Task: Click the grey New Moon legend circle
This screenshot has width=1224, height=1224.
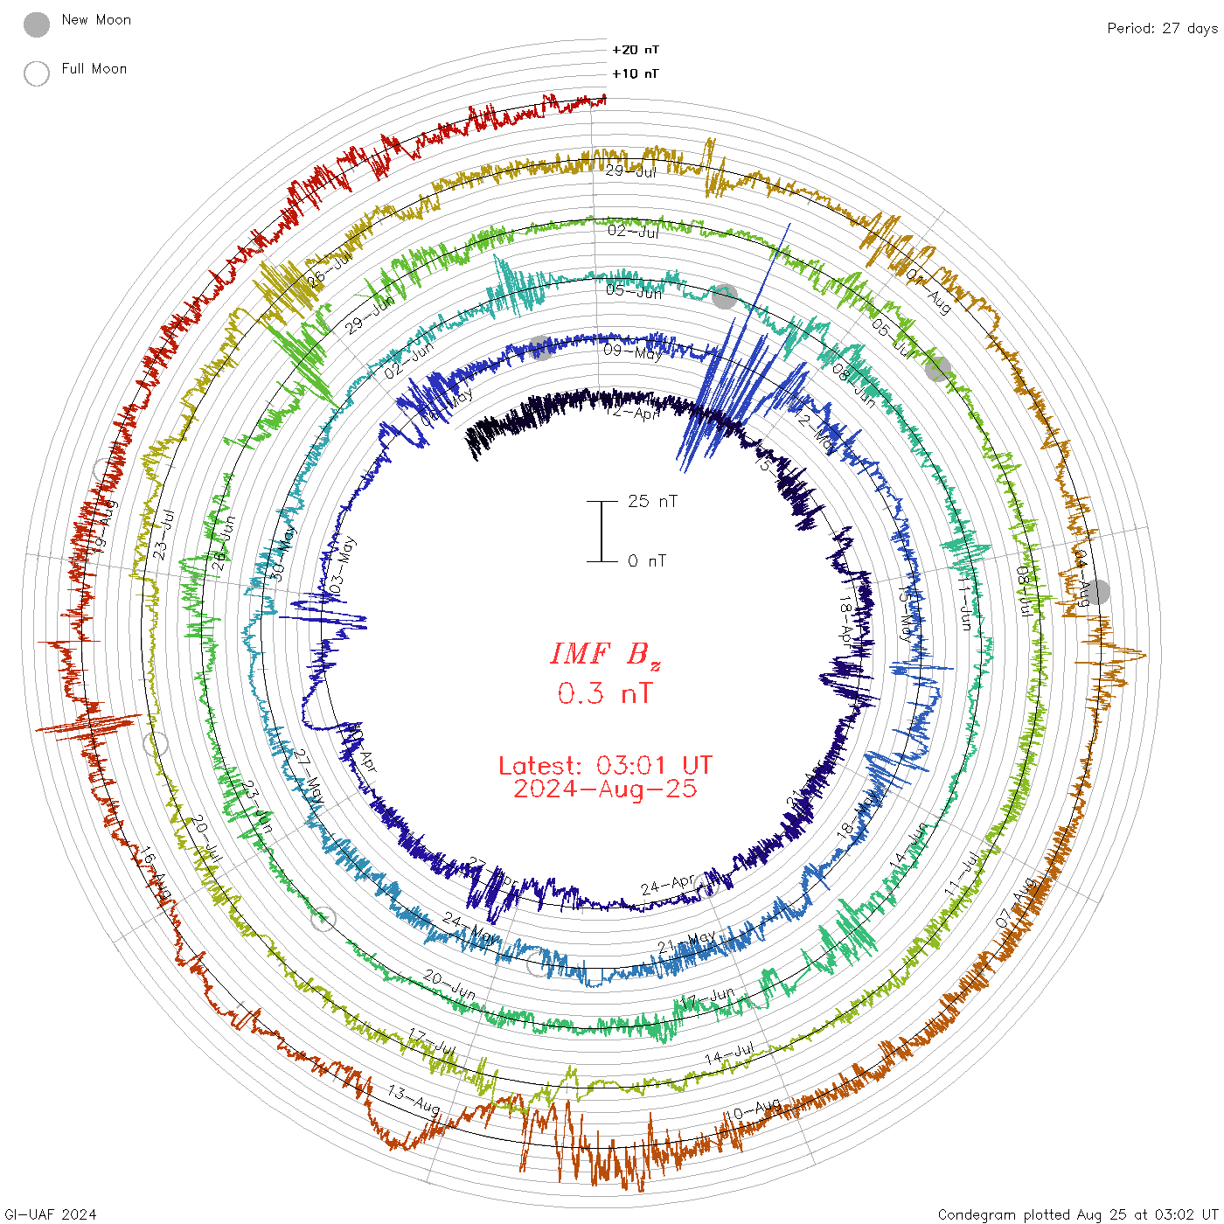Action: click(x=37, y=25)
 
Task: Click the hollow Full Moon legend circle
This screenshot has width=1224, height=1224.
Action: click(x=37, y=73)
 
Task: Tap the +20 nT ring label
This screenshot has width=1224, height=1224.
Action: click(x=636, y=50)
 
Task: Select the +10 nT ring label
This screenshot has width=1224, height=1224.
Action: click(x=636, y=73)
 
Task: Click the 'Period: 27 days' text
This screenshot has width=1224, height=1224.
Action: click(x=1162, y=28)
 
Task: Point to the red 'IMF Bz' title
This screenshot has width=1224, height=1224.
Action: click(x=605, y=654)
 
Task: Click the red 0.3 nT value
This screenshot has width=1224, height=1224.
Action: click(x=605, y=693)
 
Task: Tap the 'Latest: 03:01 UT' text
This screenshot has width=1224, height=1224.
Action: click(x=605, y=766)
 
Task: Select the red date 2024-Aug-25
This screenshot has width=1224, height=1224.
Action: click(x=605, y=789)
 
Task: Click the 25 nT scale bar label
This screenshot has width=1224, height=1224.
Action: click(x=652, y=501)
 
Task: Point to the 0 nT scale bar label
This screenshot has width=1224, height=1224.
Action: click(x=647, y=560)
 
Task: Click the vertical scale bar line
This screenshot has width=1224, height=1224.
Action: click(x=602, y=531)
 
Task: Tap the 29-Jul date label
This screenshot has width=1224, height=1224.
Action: click(x=631, y=171)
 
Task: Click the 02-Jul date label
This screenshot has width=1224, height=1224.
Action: click(x=633, y=232)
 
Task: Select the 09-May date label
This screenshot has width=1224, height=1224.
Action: click(x=632, y=352)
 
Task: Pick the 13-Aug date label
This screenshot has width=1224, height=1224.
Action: click(x=414, y=1100)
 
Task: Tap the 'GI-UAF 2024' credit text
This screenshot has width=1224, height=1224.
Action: click(x=50, y=1214)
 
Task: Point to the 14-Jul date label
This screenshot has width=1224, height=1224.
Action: click(x=729, y=1054)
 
